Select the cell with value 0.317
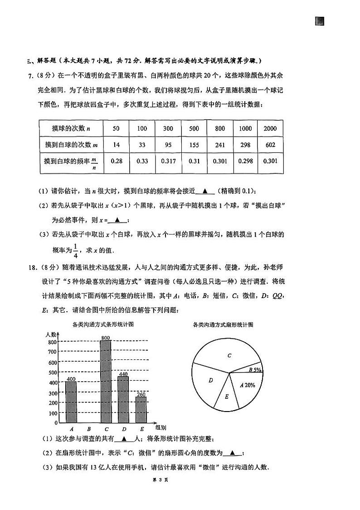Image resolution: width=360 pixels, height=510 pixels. click(x=168, y=161)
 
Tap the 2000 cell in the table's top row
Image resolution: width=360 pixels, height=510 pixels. click(x=270, y=128)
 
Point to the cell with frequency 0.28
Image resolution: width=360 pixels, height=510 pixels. click(x=116, y=161)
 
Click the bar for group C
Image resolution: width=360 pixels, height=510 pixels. click(x=106, y=381)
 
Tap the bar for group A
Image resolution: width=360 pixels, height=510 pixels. click(x=71, y=402)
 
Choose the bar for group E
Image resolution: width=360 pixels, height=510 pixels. click(x=141, y=409)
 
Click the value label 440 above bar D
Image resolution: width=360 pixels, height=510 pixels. click(x=123, y=374)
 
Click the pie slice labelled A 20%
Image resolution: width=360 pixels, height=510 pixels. click(x=248, y=385)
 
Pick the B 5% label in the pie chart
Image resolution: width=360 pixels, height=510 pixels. click(x=255, y=369)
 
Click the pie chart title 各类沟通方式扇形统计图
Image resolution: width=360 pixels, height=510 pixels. click(x=223, y=324)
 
